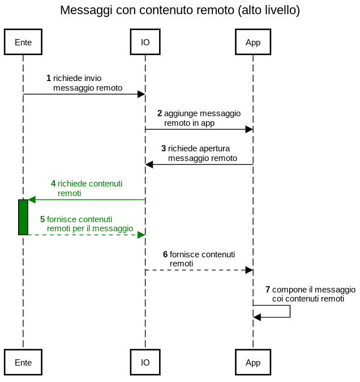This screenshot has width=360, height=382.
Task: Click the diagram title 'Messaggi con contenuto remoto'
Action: point(179,10)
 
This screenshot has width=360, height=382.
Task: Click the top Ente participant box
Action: point(23,43)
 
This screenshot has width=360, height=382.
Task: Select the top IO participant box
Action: point(145,43)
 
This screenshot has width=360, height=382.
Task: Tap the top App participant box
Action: point(253,43)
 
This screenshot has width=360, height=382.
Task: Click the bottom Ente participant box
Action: point(23,362)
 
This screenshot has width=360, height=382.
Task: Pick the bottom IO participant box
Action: point(145,362)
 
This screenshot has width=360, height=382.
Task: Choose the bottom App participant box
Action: point(253,362)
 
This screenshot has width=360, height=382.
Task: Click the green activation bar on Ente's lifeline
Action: point(23,217)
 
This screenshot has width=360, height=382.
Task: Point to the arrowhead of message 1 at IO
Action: point(142,94)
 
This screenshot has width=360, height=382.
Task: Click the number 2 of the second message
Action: point(160,113)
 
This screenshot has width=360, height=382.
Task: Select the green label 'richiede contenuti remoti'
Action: point(89,188)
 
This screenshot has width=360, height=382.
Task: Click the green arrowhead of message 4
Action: point(32,200)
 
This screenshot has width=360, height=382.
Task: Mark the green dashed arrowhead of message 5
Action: point(142,235)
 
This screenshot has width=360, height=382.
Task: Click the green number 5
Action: point(42,219)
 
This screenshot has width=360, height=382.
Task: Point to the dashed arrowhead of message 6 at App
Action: point(249,270)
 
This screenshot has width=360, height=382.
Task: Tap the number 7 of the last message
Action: point(268,290)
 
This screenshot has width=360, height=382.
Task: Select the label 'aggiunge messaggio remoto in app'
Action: point(202,118)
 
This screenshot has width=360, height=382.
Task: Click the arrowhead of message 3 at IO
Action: point(149,164)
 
